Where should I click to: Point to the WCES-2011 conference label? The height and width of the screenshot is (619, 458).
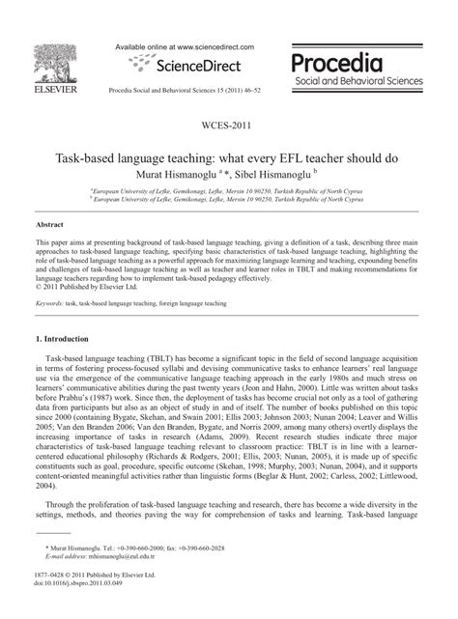228,127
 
